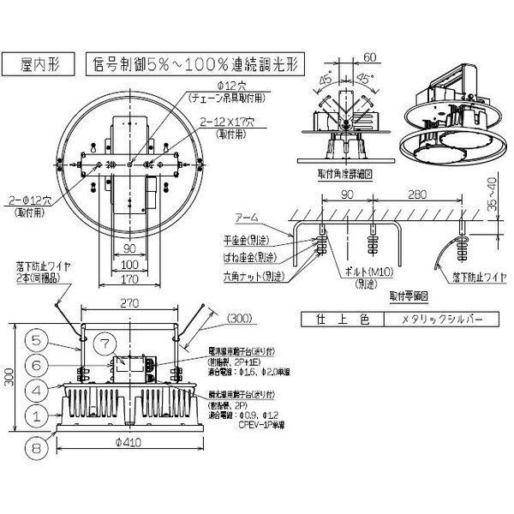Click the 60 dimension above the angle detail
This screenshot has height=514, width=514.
point(370,57)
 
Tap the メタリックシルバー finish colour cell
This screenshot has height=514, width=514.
point(442,320)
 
